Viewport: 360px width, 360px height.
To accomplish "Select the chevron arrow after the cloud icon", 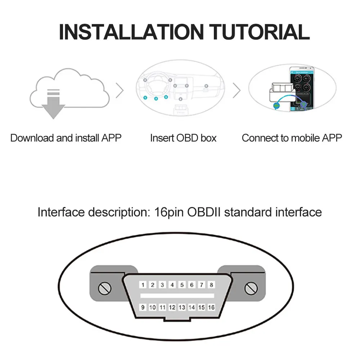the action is (120, 91).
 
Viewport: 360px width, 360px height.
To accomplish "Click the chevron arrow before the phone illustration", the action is (237, 91).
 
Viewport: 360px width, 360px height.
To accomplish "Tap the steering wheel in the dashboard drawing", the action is (156, 84).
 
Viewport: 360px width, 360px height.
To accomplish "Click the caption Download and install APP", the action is (66, 138).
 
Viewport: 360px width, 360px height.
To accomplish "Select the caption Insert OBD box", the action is (183, 138).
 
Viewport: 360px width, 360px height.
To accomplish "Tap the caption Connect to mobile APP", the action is (292, 138).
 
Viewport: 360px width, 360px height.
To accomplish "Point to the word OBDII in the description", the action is (204, 212).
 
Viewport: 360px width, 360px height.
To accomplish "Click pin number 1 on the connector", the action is (143, 285).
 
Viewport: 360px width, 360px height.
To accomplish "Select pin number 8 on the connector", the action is (212, 285).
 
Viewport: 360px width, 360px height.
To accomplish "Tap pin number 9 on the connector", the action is (143, 307).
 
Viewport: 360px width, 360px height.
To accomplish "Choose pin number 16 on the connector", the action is (211, 307).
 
